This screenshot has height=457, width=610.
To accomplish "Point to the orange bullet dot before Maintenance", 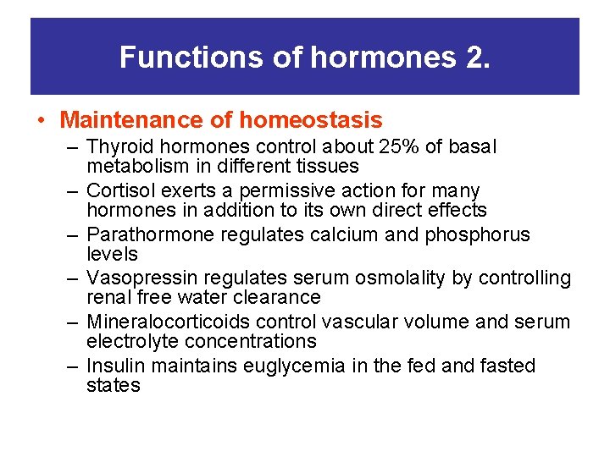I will click(x=42, y=121).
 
